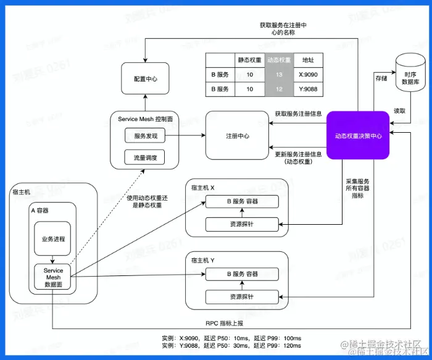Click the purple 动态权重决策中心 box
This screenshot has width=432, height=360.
pos(359,135)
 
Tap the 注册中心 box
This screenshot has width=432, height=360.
pos(238,135)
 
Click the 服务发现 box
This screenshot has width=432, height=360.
pos(145,136)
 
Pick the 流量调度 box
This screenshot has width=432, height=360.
pos(145,157)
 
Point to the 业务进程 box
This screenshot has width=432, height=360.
pos(52,238)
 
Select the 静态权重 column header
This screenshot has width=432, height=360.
pos(249,60)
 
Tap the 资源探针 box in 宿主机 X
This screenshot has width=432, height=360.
pos(242,224)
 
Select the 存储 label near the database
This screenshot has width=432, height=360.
pos(381,78)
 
